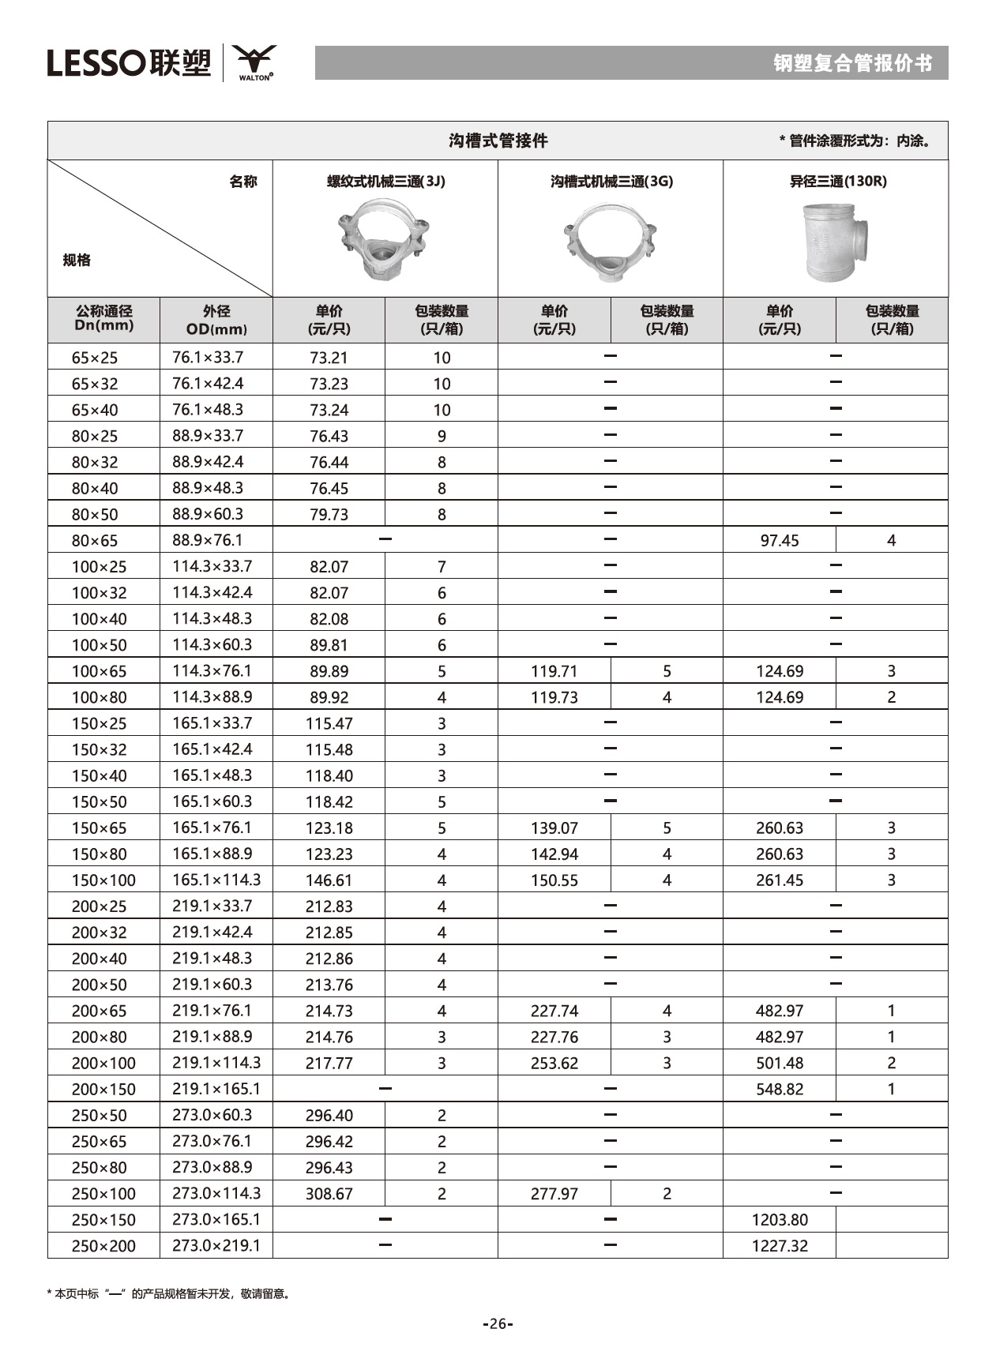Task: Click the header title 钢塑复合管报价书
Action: click(x=852, y=63)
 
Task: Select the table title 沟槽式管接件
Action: click(x=498, y=141)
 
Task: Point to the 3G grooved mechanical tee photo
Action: click(x=610, y=241)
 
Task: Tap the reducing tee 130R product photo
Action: click(x=836, y=242)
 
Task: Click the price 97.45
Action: click(x=779, y=541)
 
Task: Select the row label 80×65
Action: click(x=95, y=541)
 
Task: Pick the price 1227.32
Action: click(x=779, y=1246)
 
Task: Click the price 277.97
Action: click(x=554, y=1194)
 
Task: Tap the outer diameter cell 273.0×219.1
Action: click(x=216, y=1246)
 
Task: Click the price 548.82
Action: click(x=779, y=1090)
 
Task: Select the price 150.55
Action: click(x=554, y=880)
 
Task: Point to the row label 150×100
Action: click(x=103, y=880)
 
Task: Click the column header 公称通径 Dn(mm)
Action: click(x=103, y=319)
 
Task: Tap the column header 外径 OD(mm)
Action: click(x=216, y=319)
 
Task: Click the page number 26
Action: click(x=498, y=1324)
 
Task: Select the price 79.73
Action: click(x=329, y=515)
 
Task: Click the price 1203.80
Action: click(x=779, y=1220)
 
